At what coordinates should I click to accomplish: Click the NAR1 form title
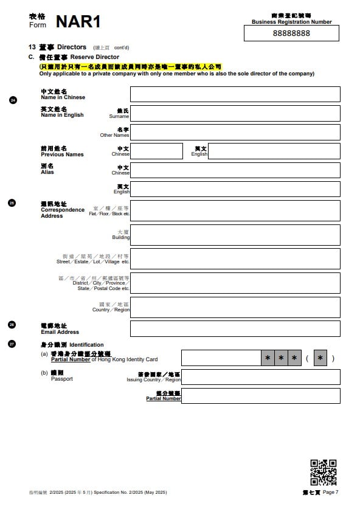78,22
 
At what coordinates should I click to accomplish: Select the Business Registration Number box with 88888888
291,33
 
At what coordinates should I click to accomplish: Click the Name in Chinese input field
235,94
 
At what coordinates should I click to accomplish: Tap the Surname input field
235,113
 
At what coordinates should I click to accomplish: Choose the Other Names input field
235,132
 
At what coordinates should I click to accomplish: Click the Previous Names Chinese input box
156,151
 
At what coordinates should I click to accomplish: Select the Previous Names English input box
274,151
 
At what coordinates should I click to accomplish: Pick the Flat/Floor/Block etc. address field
235,210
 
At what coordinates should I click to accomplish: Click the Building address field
235,235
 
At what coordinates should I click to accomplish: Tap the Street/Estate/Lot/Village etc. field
235,258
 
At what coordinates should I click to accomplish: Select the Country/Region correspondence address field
235,307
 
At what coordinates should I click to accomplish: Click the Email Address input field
235,328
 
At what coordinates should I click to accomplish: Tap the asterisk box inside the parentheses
320,358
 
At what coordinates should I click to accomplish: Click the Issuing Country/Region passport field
260,377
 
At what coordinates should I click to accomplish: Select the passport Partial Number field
260,396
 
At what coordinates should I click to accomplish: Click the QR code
324,472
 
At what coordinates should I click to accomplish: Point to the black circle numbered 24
13,100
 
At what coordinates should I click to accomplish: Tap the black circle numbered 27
13,344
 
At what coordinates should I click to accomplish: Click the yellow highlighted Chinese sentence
130,66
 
